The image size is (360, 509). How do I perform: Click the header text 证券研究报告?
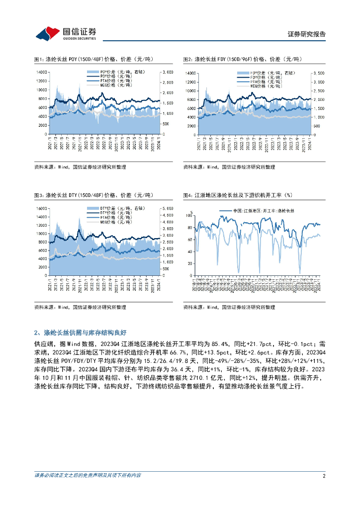pyautogui.click(x=307, y=34)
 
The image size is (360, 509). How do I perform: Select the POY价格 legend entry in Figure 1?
pyautogui.click(x=114, y=76)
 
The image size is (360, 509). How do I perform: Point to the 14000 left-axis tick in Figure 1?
pyautogui.click(x=42, y=73)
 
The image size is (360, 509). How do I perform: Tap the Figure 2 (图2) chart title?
pyautogui.click(x=243, y=59)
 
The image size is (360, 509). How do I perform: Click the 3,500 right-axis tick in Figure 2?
pyautogui.click(x=318, y=73)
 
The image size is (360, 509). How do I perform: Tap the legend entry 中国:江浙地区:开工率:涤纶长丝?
pyautogui.click(x=264, y=211)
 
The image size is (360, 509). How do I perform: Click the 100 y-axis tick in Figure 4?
pyautogui.click(x=189, y=215)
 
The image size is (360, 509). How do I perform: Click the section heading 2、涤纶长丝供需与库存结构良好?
pyautogui.click(x=82, y=333)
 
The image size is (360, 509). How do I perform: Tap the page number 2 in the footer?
pyautogui.click(x=324, y=476)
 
